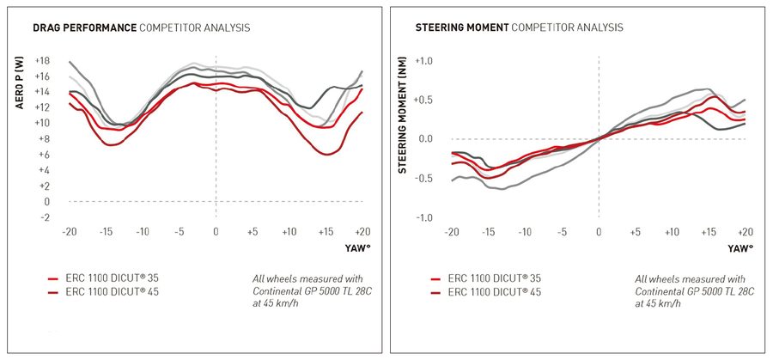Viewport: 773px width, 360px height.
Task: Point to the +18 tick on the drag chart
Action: click(x=42, y=60)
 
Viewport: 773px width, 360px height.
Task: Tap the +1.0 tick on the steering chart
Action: click(x=423, y=60)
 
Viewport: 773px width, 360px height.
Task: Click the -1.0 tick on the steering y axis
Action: click(x=424, y=217)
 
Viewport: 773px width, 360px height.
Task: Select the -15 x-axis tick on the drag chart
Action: click(x=107, y=232)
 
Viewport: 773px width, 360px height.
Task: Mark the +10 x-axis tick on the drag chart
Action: click(x=289, y=232)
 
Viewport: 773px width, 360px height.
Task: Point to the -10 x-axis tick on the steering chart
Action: click(x=525, y=232)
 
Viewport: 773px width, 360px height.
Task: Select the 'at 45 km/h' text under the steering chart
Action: click(x=663, y=305)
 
